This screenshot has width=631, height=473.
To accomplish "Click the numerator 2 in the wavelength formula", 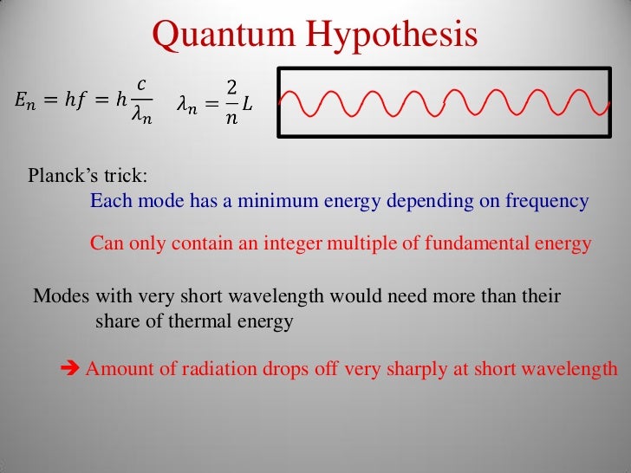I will coord(231,87).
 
